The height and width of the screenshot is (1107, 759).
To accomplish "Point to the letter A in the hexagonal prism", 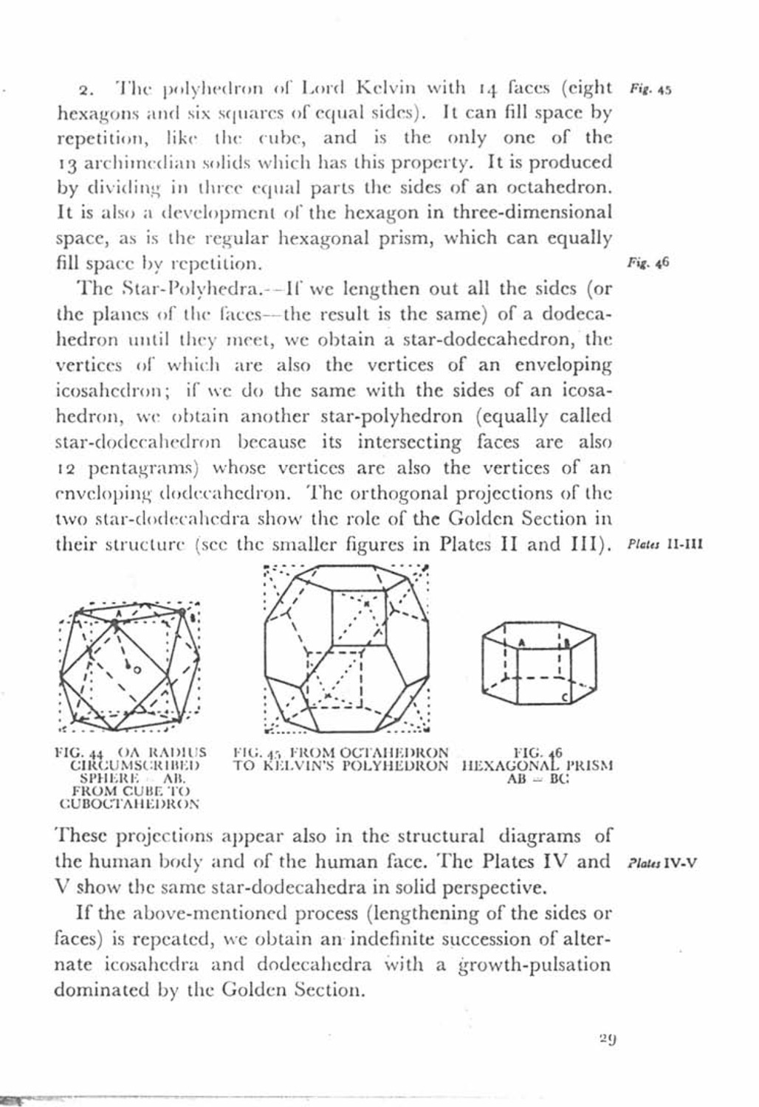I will [x=521, y=642].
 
